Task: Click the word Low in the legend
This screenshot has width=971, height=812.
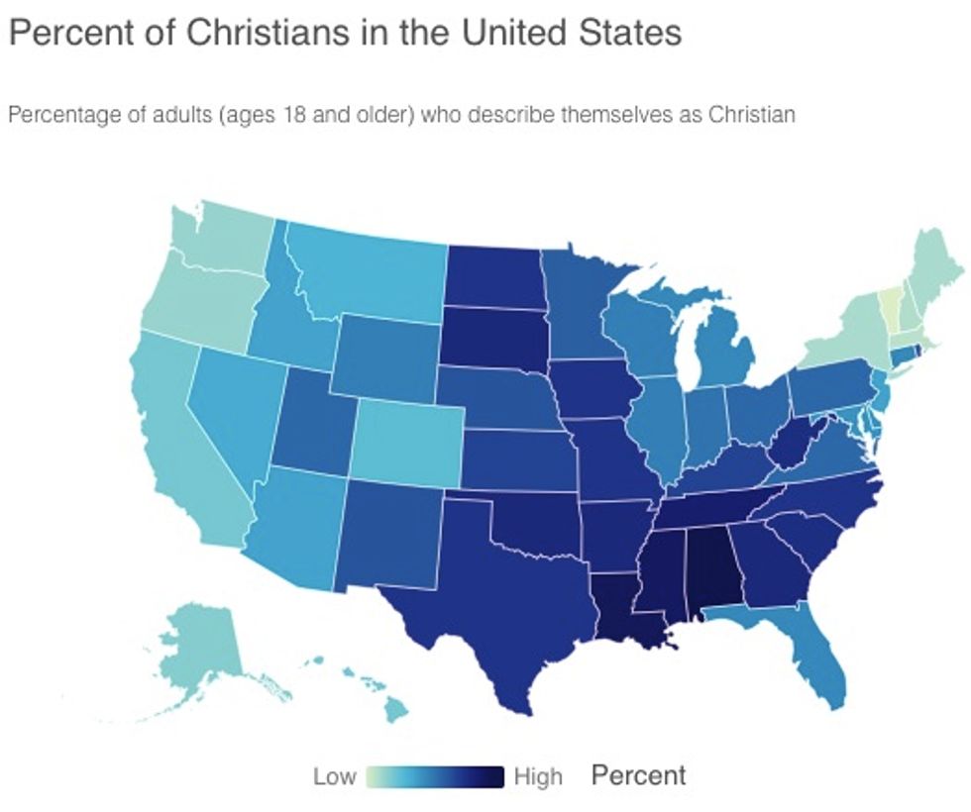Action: point(334,776)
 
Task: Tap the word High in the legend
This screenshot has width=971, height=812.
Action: point(538,776)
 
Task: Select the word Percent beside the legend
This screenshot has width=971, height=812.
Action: point(639,775)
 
